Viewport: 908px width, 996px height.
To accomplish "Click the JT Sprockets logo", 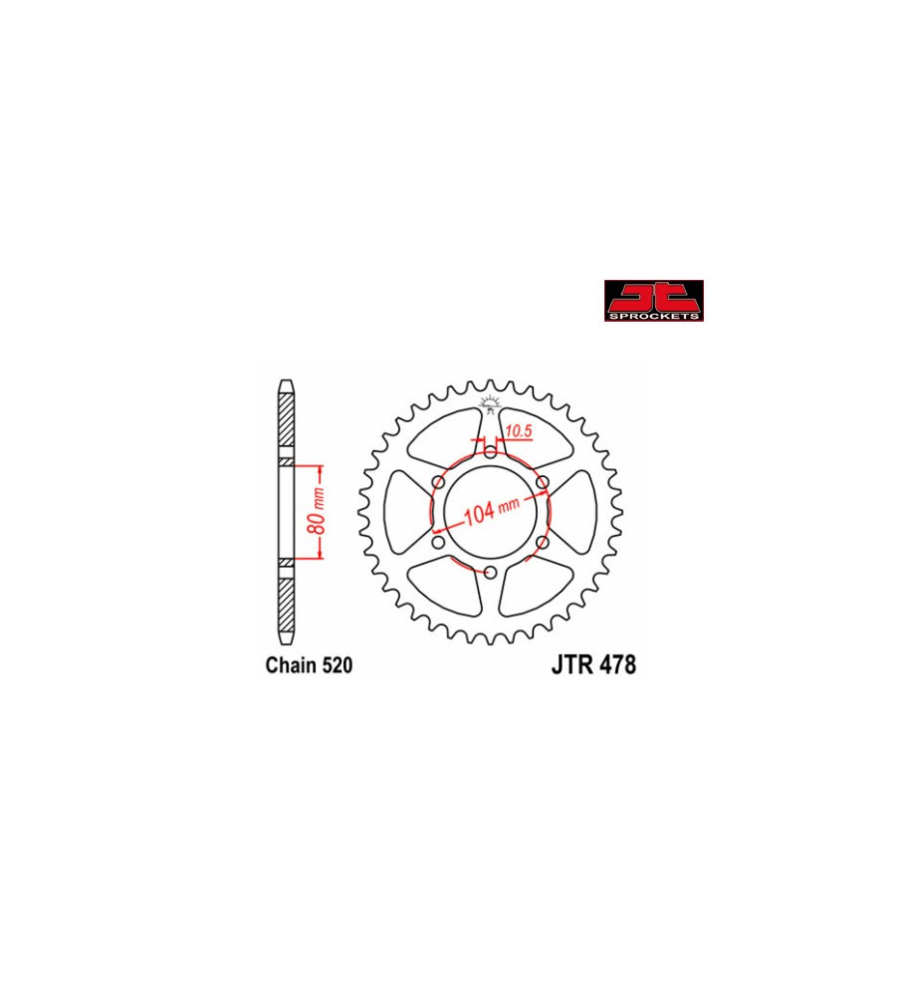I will (653, 301).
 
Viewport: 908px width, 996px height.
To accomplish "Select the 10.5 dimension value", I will (517, 431).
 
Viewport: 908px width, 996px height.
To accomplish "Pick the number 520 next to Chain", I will (336, 665).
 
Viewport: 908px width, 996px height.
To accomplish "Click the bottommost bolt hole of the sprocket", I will (490, 572).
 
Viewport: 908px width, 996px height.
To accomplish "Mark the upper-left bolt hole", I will (438, 482).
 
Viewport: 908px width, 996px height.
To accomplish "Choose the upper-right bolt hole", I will (543, 482).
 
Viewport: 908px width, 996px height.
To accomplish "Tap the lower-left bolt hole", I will (438, 543).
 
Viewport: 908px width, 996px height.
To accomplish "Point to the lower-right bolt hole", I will (543, 543).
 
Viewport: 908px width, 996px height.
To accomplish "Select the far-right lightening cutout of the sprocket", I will (583, 512).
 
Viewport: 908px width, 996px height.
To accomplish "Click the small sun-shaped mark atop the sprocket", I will (489, 403).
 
